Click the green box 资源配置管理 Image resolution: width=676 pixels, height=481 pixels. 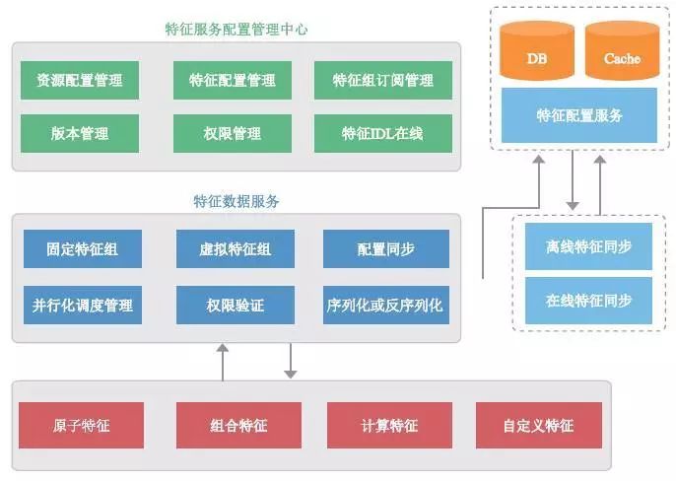[80, 80]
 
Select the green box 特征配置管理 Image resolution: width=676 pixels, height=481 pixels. [233, 80]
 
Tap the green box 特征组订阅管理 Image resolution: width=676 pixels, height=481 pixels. [382, 80]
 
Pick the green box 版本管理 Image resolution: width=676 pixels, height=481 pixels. [80, 133]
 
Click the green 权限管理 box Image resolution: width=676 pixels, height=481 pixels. [233, 133]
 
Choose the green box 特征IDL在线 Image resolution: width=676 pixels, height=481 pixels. [382, 133]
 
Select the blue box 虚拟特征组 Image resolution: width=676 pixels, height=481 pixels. [234, 249]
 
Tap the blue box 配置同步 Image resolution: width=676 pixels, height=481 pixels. [385, 249]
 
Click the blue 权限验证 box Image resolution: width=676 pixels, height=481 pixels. [234, 305]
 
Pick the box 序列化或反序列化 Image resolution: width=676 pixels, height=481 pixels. [385, 305]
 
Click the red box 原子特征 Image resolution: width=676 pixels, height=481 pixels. [80, 425]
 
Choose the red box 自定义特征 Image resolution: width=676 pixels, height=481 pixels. [538, 425]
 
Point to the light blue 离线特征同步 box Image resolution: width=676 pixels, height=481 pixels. [588, 246]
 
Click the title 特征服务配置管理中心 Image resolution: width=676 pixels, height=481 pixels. [237, 30]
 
